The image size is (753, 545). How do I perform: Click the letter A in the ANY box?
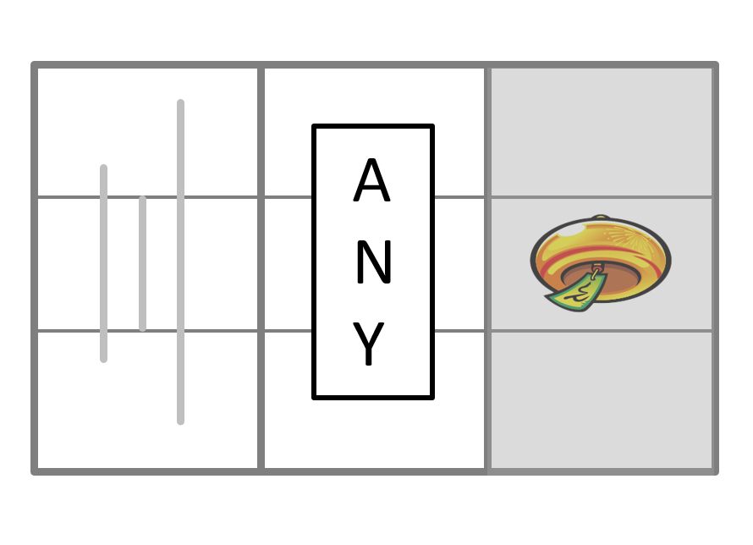tap(371, 183)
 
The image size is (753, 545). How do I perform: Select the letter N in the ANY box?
tap(372, 264)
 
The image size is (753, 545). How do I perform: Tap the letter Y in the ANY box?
tap(370, 344)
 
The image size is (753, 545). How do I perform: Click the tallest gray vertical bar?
tap(180, 262)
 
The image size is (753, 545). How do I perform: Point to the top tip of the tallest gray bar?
tap(180, 103)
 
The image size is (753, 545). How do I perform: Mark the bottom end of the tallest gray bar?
tap(180, 420)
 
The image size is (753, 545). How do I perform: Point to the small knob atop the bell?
tap(600, 217)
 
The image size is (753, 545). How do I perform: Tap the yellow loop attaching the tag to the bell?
tap(597, 271)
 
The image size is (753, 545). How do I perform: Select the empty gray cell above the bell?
tap(601, 132)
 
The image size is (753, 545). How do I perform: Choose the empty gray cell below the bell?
tap(601, 399)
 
